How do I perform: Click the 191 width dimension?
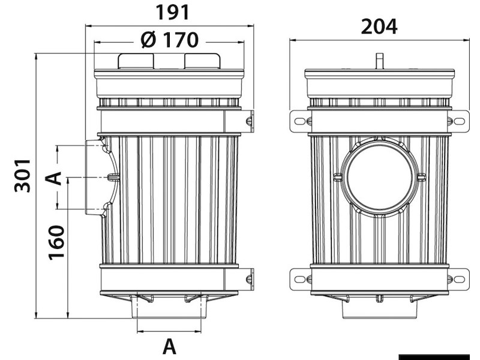pyautogui.click(x=172, y=12)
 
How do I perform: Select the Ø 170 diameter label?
pyautogui.click(x=169, y=40)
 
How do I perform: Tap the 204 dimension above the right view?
pyautogui.click(x=379, y=26)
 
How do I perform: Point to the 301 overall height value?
pyautogui.click(x=22, y=176)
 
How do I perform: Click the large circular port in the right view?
pyautogui.click(x=380, y=178)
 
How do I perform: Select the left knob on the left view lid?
pyautogui.click(x=136, y=61)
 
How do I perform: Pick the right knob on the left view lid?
pyautogui.click(x=202, y=61)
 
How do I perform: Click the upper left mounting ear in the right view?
pyautogui.click(x=299, y=121)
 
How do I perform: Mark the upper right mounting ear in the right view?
pyautogui.click(x=459, y=121)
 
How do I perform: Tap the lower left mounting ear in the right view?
pyautogui.click(x=299, y=279)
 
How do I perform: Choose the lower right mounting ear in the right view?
pyautogui.click(x=459, y=279)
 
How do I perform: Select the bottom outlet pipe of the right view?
pyautogui.click(x=379, y=309)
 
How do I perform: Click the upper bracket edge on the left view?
pyautogui.click(x=248, y=121)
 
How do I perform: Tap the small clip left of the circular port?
pyautogui.click(x=337, y=178)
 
